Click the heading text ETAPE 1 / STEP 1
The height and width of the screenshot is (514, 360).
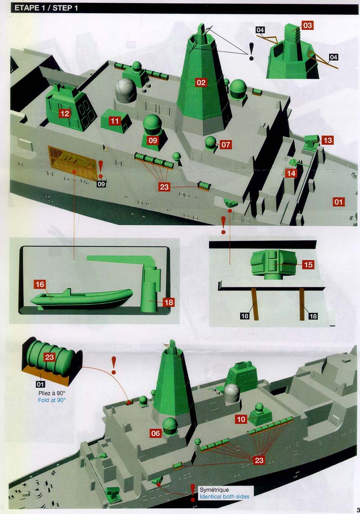46,8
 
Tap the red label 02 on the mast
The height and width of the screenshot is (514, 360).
201,83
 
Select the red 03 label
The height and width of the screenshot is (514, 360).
307,25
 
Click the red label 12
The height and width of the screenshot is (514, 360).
65,113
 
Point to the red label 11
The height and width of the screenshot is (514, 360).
114,121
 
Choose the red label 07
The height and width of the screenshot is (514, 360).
225,144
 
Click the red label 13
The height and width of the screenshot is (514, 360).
328,140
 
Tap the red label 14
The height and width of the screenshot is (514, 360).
291,173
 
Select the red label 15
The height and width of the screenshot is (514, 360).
308,264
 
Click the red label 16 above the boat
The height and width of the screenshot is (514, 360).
40,284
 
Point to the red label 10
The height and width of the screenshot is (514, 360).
241,419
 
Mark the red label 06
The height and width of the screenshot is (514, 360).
156,434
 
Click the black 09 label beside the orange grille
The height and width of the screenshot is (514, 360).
101,184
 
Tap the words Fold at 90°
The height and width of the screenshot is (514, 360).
52,400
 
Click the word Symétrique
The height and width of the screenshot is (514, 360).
214,490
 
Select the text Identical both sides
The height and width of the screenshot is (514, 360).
225,496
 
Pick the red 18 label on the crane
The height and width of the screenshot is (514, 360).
169,302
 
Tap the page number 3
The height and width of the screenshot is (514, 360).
358,510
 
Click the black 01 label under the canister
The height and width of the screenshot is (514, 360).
40,384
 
